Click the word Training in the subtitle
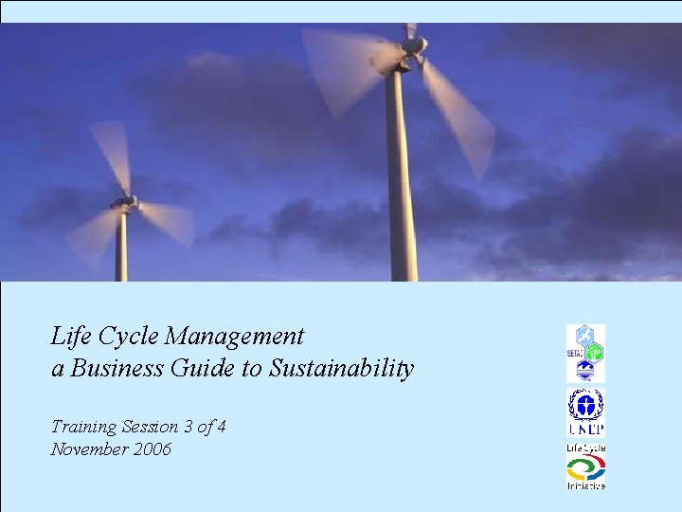[84, 427]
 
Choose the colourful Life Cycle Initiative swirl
[585, 467]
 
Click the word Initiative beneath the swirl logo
[585, 485]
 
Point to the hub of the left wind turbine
[123, 202]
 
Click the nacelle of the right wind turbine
[411, 47]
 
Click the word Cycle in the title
[126, 337]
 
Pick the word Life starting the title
[69, 337]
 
